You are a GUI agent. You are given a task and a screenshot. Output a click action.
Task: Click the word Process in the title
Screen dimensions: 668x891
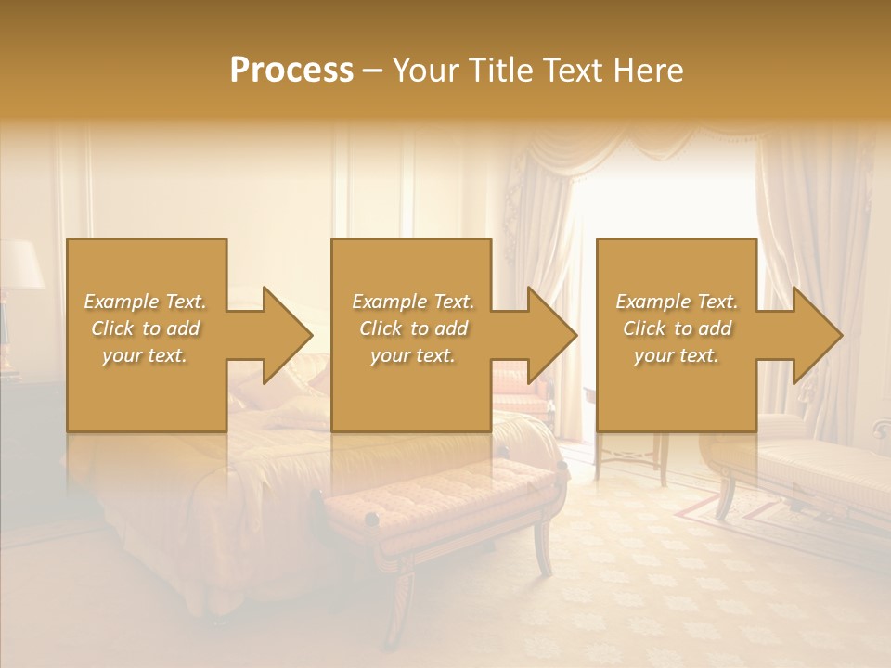291,71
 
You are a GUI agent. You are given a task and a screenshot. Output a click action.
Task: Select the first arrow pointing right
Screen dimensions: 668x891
273,335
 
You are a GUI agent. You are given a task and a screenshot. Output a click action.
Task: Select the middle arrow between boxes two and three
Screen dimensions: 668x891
537,335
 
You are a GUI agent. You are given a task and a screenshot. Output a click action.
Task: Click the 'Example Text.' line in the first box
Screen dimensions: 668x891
145,302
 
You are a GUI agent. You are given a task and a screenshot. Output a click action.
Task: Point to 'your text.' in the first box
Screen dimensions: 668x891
145,355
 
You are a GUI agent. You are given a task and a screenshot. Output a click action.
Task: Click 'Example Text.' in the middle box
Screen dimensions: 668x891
412,302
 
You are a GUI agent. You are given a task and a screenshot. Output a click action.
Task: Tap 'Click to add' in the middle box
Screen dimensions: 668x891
412,328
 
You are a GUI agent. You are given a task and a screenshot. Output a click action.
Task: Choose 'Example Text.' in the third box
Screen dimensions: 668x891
677,302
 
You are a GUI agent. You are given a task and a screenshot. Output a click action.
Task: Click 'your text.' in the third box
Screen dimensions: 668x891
677,355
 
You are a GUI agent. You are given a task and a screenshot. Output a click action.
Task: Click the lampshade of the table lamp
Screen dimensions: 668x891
20,264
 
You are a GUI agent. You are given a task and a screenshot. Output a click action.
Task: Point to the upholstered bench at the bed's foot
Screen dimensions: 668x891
441,501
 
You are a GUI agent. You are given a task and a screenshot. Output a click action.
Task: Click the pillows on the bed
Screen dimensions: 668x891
278,390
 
